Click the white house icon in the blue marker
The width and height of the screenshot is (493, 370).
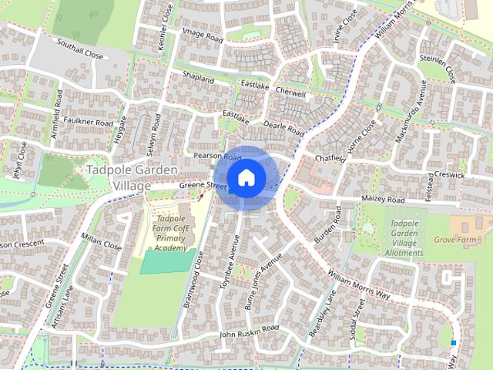[x=246, y=177]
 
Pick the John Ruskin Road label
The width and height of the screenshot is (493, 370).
[x=248, y=332]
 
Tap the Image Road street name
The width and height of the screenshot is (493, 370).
[x=201, y=39]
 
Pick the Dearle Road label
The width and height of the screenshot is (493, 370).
[x=284, y=127]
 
